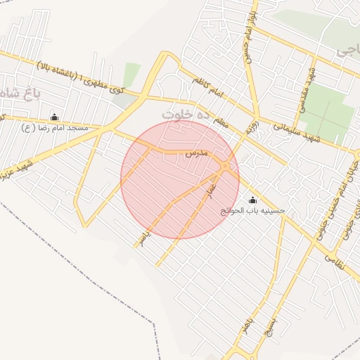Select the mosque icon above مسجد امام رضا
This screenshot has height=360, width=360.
[x=55, y=117]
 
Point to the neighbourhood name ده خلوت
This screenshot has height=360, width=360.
[x=186, y=112]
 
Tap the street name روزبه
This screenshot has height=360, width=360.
[x=251, y=127]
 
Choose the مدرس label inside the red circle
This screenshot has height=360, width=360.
[x=197, y=153]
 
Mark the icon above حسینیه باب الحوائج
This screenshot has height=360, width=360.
[x=253, y=200]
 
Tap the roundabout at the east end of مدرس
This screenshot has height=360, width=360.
[x=225, y=167]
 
